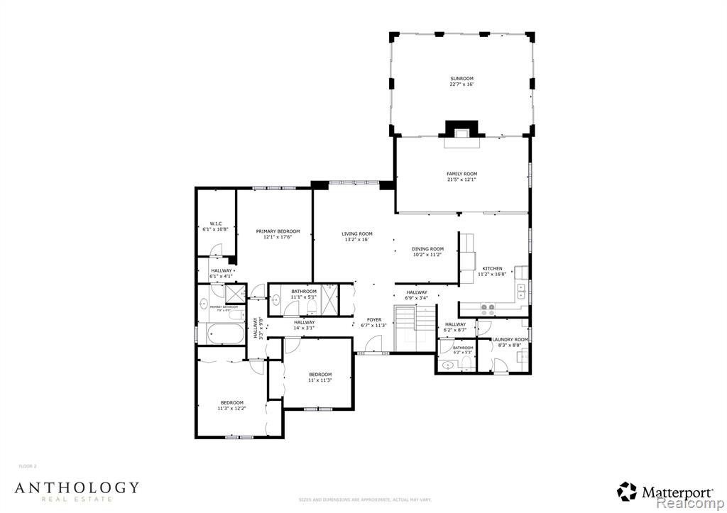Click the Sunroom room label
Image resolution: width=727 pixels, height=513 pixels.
[x=461, y=79]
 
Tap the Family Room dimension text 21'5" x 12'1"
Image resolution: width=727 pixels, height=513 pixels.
[x=461, y=180]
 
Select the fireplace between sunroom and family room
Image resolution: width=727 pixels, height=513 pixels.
[x=461, y=132]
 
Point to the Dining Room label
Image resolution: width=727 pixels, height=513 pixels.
[x=427, y=249]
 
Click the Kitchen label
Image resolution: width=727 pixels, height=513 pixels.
[x=492, y=268]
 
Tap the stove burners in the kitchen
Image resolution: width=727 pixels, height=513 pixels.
[x=489, y=310]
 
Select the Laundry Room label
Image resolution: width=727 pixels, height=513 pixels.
[x=510, y=340]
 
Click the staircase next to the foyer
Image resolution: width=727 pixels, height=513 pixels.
[x=414, y=329]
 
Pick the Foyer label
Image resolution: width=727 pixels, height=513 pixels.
[x=373, y=320]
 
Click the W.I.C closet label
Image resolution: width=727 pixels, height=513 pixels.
[x=216, y=224]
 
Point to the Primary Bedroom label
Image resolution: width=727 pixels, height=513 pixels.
[x=278, y=231]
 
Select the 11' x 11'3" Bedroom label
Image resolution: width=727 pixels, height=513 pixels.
[x=319, y=375]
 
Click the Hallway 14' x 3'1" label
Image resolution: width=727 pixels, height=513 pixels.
[x=304, y=323]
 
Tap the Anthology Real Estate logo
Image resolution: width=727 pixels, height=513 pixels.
[x=77, y=490]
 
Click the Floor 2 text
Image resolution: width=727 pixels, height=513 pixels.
[x=27, y=466]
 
